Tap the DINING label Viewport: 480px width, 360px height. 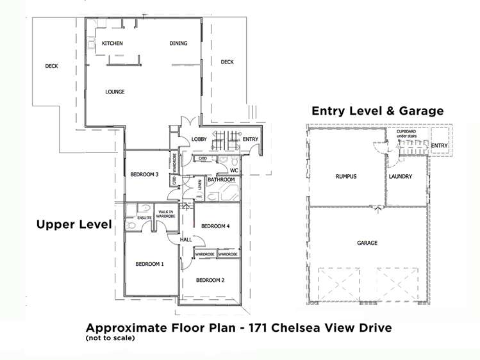tap(178, 44)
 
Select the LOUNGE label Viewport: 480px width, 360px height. tap(115, 92)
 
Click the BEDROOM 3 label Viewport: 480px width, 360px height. tap(144, 174)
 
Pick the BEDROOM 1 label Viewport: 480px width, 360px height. tap(149, 264)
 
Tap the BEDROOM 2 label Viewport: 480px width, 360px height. tap(210, 280)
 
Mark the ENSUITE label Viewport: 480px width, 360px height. tap(145, 218)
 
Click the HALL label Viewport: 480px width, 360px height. tap(186, 239)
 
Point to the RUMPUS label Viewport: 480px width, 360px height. tap(345, 176)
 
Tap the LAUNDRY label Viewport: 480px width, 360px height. tap(400, 176)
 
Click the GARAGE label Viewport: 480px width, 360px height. tap(367, 243)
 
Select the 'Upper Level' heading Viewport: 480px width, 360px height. tap(74, 224)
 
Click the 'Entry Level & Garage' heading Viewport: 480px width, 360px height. tap(377, 111)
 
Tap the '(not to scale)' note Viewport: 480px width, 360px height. tap(111, 338)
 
